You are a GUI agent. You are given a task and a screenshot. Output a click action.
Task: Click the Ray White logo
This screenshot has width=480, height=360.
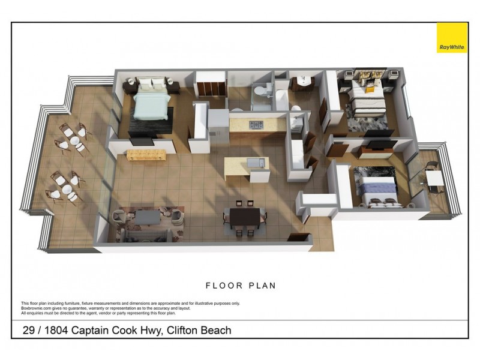coord(451,38)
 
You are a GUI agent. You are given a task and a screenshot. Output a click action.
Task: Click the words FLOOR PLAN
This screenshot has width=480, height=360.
coord(241,286)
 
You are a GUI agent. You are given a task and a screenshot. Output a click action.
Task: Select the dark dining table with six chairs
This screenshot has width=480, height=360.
coord(244,215)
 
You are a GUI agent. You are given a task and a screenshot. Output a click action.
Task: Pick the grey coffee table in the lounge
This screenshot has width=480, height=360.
coord(146,215)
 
